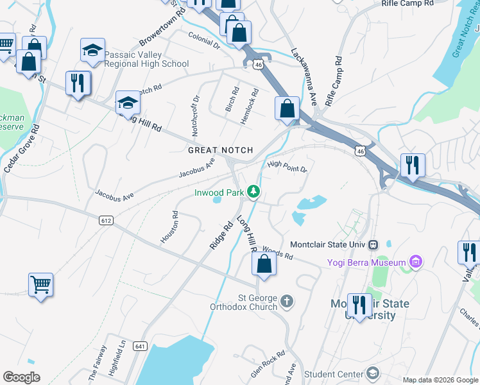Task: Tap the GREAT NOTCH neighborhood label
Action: pos(220,150)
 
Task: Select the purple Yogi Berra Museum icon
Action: pos(416,262)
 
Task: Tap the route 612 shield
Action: pos(107,220)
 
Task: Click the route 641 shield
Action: pos(141,346)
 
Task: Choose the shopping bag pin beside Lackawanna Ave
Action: pos(287,108)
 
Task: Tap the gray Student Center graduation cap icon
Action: pos(373,373)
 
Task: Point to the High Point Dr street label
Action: pos(287,167)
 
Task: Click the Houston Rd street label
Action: pos(169,228)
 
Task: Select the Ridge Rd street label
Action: pos(220,236)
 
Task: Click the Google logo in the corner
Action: pos(22,377)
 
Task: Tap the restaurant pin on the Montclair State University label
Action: pos(359,307)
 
